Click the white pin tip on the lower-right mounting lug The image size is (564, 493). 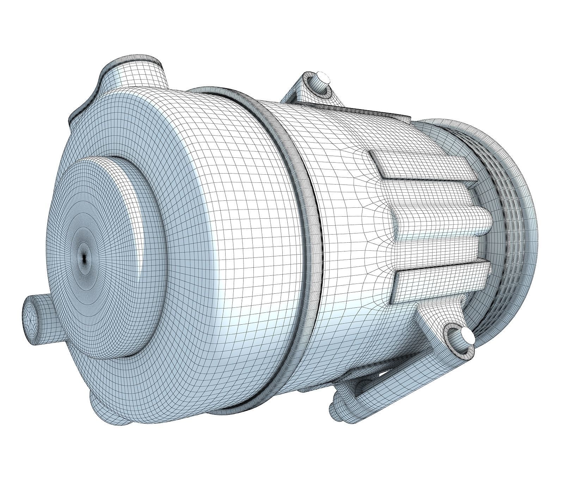[x=468, y=334]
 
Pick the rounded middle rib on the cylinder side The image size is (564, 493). [x=441, y=223]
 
